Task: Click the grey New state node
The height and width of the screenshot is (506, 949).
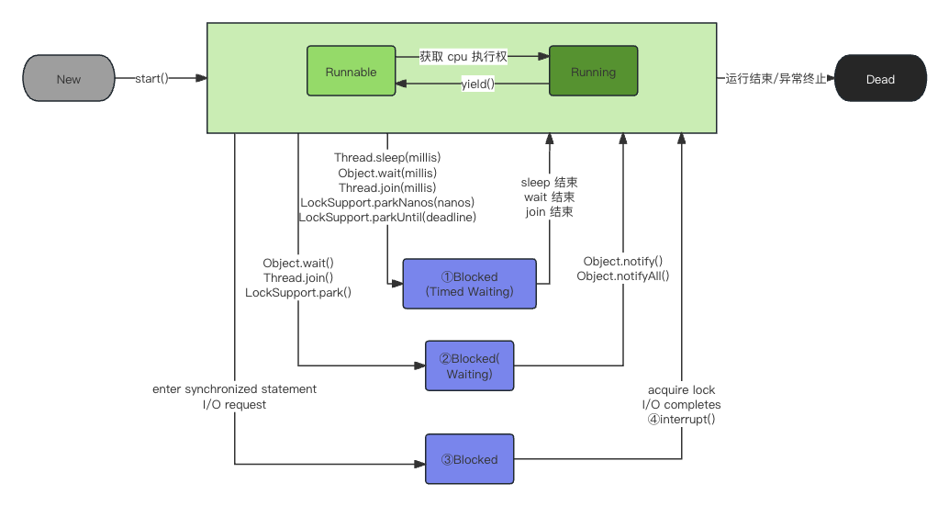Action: (x=69, y=78)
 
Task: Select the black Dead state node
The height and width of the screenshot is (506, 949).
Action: (x=880, y=78)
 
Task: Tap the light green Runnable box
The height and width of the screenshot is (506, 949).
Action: (x=351, y=71)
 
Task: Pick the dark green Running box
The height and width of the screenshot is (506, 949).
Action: (x=593, y=71)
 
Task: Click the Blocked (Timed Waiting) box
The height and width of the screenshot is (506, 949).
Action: (x=470, y=284)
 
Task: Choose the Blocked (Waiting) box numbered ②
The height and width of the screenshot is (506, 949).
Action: (x=470, y=365)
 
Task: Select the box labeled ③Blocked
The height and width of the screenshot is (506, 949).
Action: (x=470, y=459)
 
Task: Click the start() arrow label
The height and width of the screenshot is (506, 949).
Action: (x=151, y=78)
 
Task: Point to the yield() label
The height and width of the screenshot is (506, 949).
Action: (x=478, y=84)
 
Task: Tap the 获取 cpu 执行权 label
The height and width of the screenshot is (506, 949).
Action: (x=463, y=56)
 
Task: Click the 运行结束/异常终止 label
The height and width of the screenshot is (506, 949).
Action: (x=776, y=79)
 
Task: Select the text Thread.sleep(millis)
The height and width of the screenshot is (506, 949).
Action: (x=387, y=157)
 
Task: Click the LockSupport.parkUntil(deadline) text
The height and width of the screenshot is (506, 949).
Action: (x=387, y=217)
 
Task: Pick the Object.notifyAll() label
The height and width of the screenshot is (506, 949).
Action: (x=623, y=276)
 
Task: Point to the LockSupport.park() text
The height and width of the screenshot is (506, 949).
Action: (x=298, y=292)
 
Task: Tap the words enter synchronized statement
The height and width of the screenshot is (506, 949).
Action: (x=234, y=388)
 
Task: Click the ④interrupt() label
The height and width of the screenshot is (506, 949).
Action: (x=682, y=419)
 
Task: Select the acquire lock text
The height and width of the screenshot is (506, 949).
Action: (x=682, y=389)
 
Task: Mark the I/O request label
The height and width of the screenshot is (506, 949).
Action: (x=234, y=404)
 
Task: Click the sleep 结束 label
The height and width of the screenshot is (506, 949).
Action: (x=549, y=182)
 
